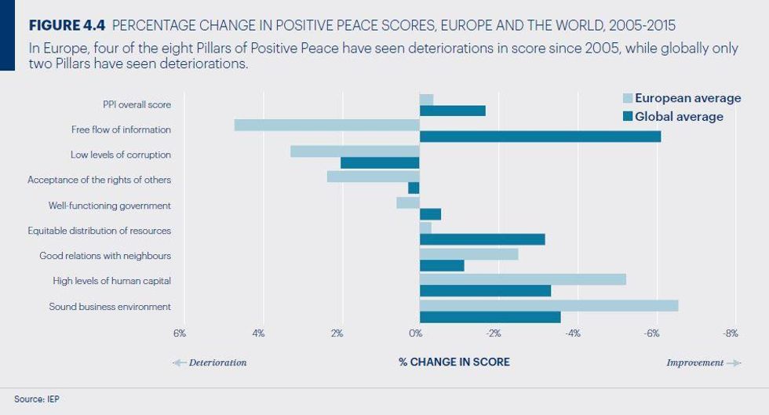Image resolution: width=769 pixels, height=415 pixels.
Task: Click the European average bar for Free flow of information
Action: [327, 125]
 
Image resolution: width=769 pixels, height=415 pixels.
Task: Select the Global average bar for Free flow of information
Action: [540, 137]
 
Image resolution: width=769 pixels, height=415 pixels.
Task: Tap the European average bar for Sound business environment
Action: [549, 305]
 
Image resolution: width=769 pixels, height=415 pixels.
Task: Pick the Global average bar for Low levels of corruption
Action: [380, 162]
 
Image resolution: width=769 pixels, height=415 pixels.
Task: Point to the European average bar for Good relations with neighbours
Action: [468, 254]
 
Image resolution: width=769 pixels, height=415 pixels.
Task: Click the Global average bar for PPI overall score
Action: [452, 111]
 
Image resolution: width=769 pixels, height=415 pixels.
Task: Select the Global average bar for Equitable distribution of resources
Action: [482, 239]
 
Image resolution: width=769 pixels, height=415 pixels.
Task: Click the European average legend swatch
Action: [627, 99]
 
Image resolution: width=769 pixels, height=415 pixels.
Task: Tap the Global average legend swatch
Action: [627, 117]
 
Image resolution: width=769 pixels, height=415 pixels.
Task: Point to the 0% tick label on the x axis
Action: [415, 333]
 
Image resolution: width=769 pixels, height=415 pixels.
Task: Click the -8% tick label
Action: [731, 333]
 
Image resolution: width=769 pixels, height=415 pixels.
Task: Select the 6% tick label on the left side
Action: [179, 333]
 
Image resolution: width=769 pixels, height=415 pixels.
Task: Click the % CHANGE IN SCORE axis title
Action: [454, 362]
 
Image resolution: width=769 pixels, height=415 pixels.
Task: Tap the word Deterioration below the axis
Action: [217, 362]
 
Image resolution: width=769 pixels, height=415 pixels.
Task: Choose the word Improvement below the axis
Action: [694, 362]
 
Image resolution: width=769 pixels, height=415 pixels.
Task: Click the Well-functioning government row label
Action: [109, 206]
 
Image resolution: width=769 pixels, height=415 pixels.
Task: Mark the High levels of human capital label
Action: [111, 281]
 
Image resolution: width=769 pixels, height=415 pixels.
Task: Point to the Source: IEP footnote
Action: [36, 399]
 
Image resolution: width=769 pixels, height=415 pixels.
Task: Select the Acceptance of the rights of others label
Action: [99, 180]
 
